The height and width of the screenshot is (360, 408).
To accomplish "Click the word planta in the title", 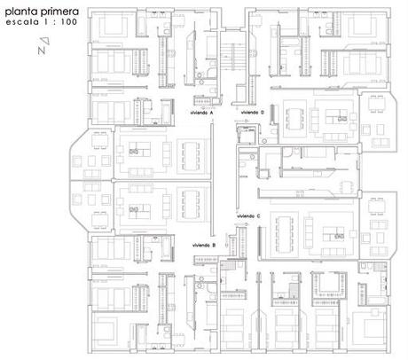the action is pos(21,12).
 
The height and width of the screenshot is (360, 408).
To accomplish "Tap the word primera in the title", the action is pos(59,12).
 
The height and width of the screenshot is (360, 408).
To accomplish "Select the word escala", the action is pos(22,22).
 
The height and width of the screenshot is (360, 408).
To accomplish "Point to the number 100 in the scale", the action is pos(69,22).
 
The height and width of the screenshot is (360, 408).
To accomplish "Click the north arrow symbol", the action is pos(43,46).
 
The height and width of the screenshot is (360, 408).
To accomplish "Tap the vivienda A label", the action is pos(202,113).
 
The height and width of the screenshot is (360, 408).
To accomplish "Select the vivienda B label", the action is pos(204,246).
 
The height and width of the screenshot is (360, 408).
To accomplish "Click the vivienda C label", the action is pos(248,216).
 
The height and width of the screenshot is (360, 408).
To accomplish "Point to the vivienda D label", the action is pos(253,113).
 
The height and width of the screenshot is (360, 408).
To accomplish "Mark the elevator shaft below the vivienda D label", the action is pos(246,134).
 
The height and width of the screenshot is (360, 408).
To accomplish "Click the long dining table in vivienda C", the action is pos(284,234).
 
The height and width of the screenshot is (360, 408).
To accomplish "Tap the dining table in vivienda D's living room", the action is pos(294,119).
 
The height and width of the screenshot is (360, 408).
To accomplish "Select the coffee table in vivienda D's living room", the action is pos(336,116).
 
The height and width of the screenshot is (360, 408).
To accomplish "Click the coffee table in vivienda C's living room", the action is pos(333,234).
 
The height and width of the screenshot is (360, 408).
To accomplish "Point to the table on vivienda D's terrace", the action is pos(377,104).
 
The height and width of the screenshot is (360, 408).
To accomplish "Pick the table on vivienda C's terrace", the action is pos(377,206).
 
